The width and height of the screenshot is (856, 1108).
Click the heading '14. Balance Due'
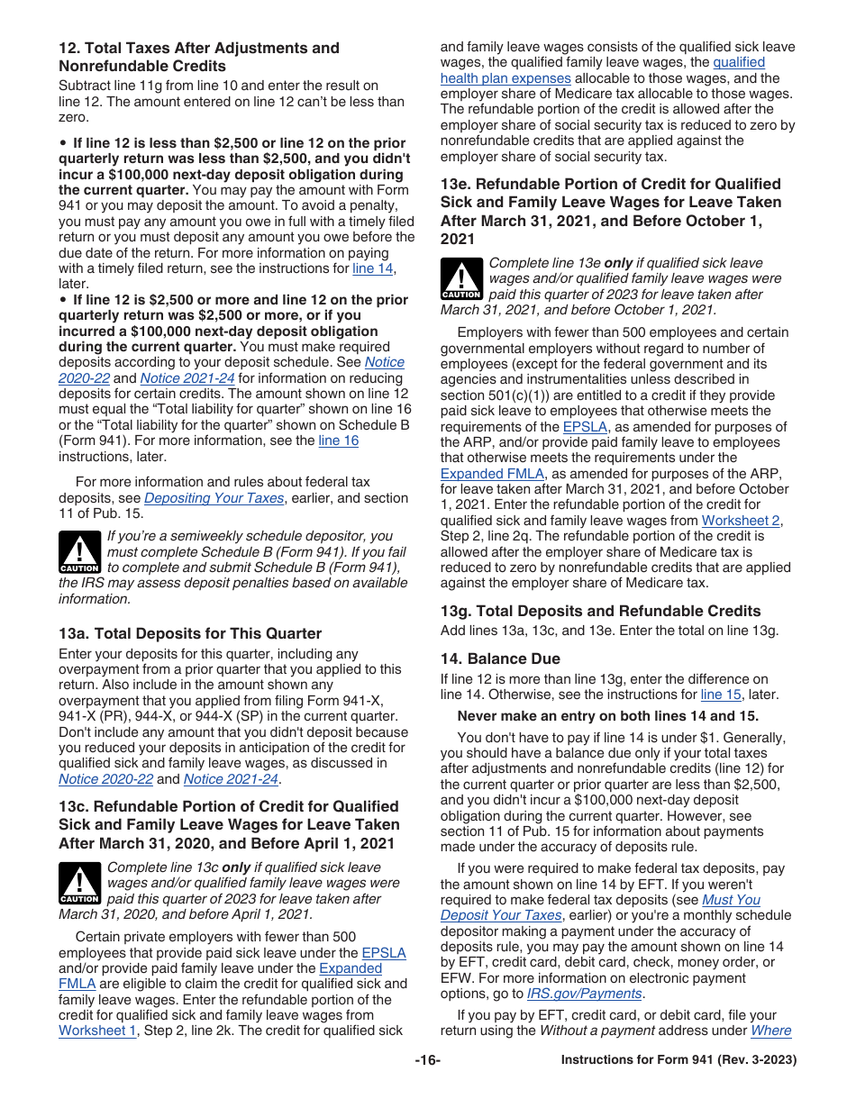(500, 658)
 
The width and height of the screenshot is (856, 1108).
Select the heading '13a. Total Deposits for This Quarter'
(190, 633)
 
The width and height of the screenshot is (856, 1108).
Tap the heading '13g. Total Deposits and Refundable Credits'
(600, 611)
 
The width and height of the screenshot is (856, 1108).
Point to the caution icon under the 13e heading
(461, 278)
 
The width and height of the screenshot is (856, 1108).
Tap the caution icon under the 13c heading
(79, 883)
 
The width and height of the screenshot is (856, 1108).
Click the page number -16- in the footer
(427, 1060)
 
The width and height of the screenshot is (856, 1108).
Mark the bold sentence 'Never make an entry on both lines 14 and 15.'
(608, 716)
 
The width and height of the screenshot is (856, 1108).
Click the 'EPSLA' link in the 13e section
(585, 427)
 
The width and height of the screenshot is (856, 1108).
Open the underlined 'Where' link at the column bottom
(770, 1031)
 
